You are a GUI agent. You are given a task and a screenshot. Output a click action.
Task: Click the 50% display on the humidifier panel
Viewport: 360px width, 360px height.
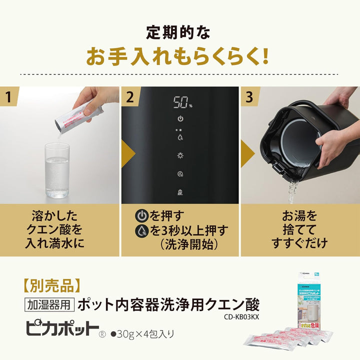(182, 103)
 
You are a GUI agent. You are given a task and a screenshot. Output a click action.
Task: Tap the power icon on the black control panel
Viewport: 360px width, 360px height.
(180, 119)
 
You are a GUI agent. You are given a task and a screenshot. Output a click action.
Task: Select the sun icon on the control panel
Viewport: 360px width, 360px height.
(180, 155)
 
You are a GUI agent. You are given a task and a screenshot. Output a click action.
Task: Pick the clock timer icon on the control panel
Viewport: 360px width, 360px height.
(180, 174)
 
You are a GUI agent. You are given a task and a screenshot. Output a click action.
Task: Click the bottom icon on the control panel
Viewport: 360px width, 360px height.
(180, 192)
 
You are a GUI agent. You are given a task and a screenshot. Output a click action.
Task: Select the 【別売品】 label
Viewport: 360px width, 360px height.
(51, 285)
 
